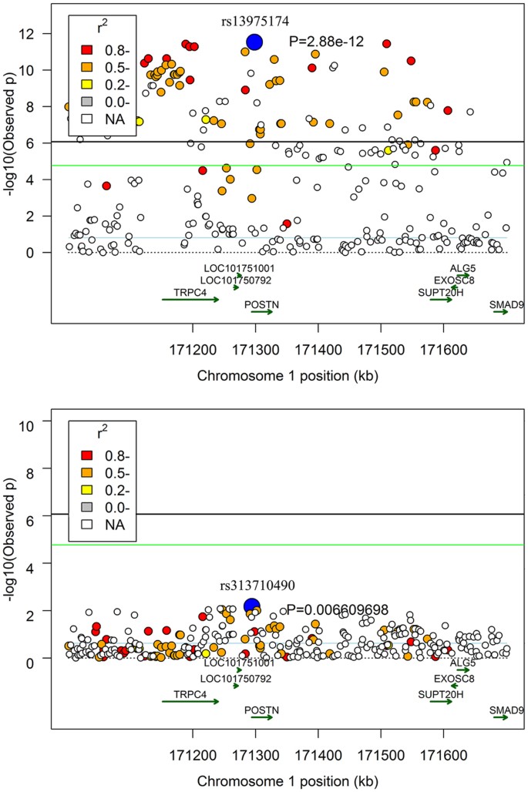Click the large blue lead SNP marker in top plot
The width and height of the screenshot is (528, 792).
pyautogui.click(x=255, y=42)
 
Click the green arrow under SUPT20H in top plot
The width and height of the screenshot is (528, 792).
pyautogui.click(x=442, y=300)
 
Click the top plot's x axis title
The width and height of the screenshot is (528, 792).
pyautogui.click(x=288, y=375)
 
